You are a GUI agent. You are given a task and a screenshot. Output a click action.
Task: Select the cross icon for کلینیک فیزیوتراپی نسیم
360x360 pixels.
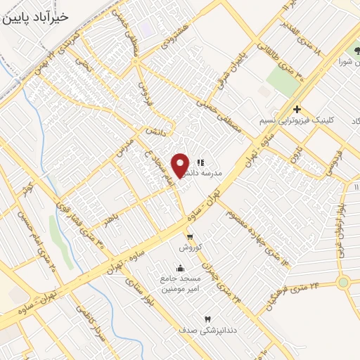298,109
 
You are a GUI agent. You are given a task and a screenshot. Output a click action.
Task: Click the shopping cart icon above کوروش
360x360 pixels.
190,236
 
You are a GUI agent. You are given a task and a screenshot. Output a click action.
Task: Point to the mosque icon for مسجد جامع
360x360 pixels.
180,267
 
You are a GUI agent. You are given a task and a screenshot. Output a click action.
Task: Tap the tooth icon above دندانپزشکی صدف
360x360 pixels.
207,319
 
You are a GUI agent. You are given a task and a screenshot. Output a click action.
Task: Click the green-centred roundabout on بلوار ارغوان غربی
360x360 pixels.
344,283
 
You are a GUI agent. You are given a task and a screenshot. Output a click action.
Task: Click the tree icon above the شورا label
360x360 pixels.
352,51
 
